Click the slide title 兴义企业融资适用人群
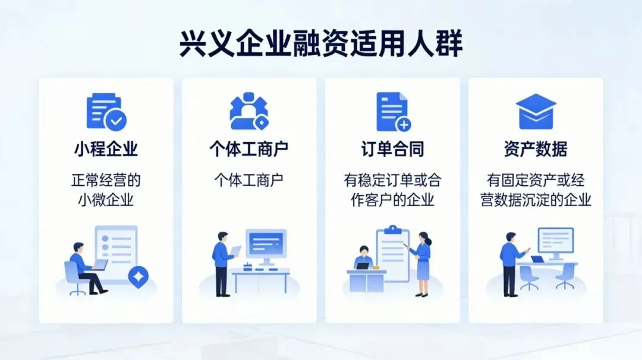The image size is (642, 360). (x=321, y=45)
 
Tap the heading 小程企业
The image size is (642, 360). (x=106, y=149)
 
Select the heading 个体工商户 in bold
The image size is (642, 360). (x=249, y=149)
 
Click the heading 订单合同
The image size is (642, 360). (x=392, y=149)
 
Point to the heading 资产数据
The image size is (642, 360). (x=536, y=149)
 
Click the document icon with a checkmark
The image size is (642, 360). (x=106, y=112)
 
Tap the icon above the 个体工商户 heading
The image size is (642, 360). (x=249, y=112)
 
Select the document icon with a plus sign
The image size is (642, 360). (x=393, y=112)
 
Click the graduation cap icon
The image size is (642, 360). (x=536, y=111)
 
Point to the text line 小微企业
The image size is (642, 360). (x=106, y=200)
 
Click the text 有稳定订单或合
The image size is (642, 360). (x=392, y=180)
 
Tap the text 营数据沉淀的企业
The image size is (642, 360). (x=536, y=200)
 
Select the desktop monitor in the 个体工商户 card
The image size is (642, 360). (x=266, y=245)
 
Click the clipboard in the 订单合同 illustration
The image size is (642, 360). (x=393, y=254)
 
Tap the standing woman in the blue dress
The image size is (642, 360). (x=423, y=261)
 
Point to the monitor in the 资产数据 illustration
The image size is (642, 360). (x=556, y=242)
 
